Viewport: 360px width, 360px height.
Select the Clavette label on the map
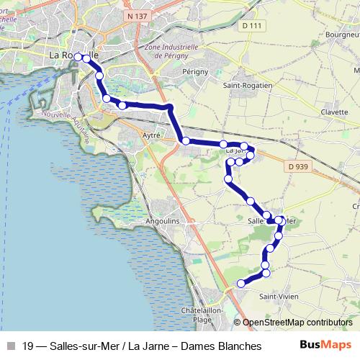coord(335,112)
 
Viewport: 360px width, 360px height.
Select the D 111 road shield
coord(250,26)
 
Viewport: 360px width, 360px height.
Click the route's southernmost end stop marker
coord(240,284)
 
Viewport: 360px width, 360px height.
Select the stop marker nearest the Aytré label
coord(186,141)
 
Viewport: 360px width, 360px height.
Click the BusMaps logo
coord(325,346)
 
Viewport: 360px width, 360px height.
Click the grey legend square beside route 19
coord(9,346)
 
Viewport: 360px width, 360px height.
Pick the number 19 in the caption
coord(28,346)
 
